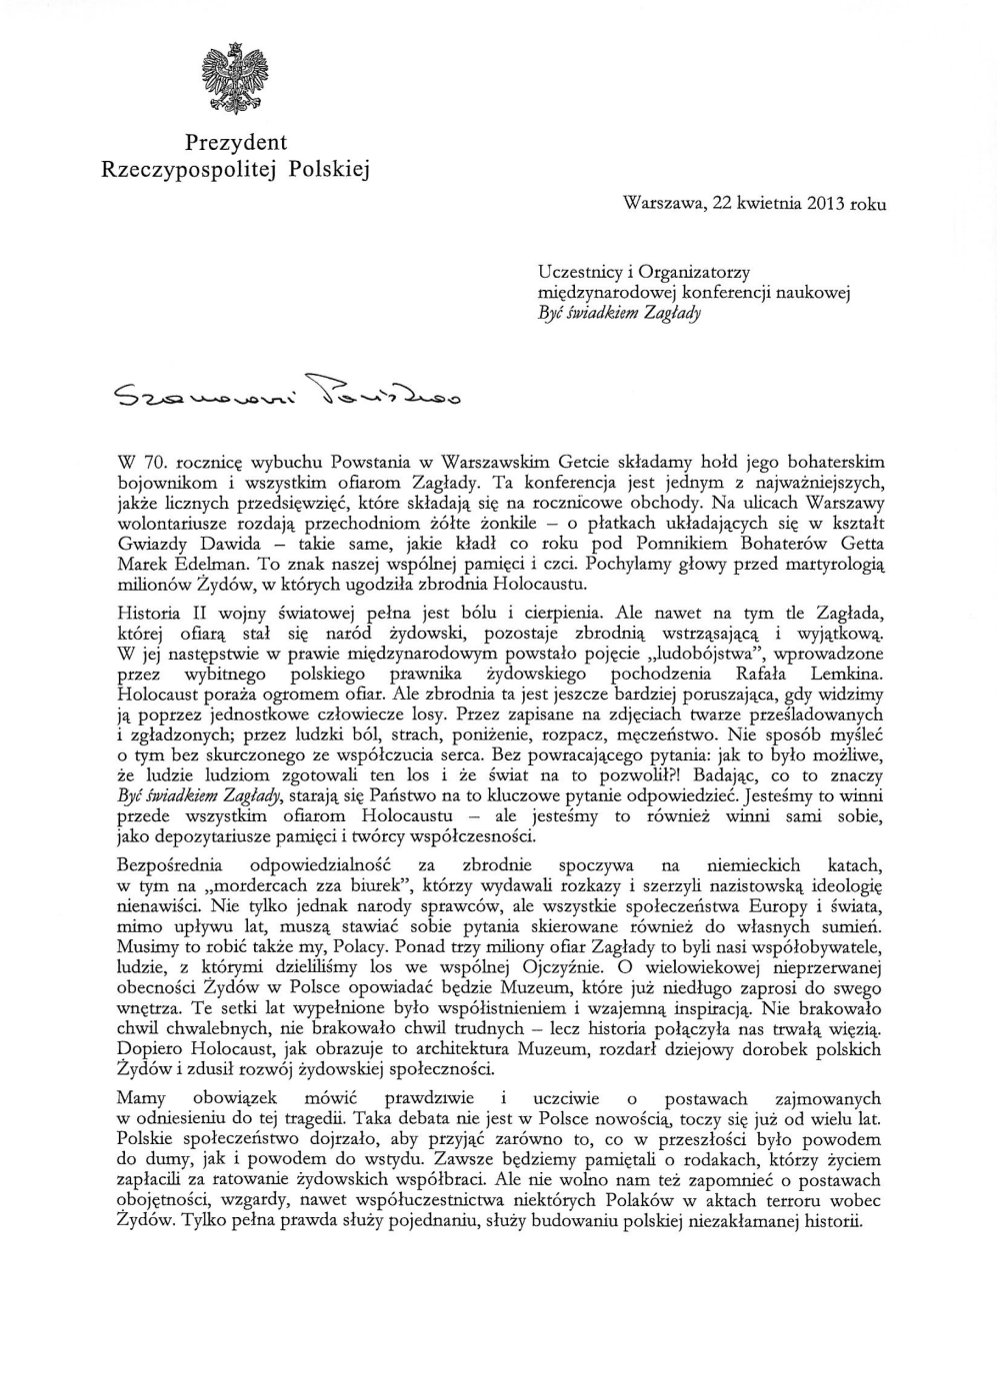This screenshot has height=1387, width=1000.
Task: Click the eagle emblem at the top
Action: click(x=236, y=78)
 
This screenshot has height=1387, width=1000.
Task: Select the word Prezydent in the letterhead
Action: click(x=236, y=143)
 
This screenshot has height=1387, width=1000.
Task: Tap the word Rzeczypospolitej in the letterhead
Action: click(x=191, y=170)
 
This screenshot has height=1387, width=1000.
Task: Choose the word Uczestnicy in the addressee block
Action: click(x=577, y=272)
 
